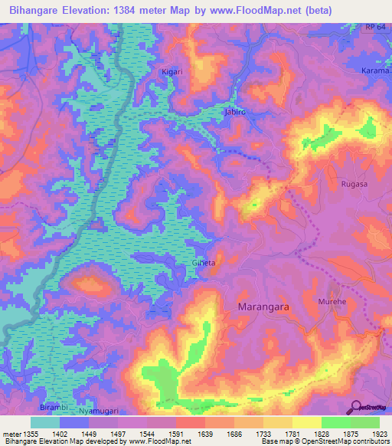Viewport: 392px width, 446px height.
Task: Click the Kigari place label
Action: click(x=171, y=72)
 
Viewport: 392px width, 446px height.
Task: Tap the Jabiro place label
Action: click(x=234, y=112)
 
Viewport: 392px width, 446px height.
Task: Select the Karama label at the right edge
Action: click(x=376, y=71)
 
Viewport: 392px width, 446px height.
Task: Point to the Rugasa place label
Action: click(x=354, y=184)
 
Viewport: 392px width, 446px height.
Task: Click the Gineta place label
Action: click(x=204, y=263)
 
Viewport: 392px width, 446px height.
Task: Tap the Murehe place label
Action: click(x=332, y=302)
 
